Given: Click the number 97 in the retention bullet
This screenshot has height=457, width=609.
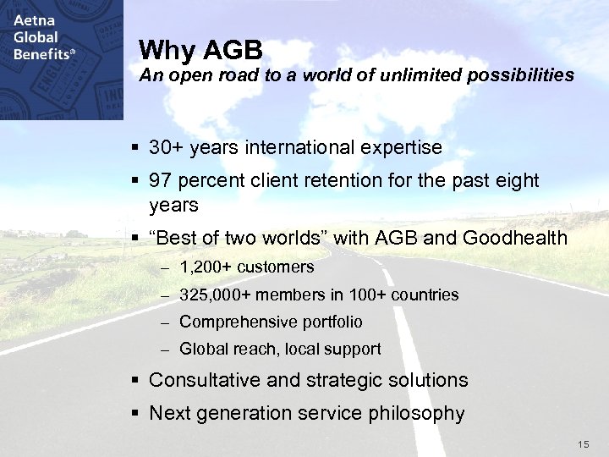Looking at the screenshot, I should point(161,181).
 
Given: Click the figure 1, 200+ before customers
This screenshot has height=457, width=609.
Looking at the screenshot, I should point(206,267).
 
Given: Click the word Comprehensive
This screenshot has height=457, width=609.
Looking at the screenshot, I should point(234,322).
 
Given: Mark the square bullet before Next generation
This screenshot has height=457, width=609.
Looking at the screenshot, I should point(136,414).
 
